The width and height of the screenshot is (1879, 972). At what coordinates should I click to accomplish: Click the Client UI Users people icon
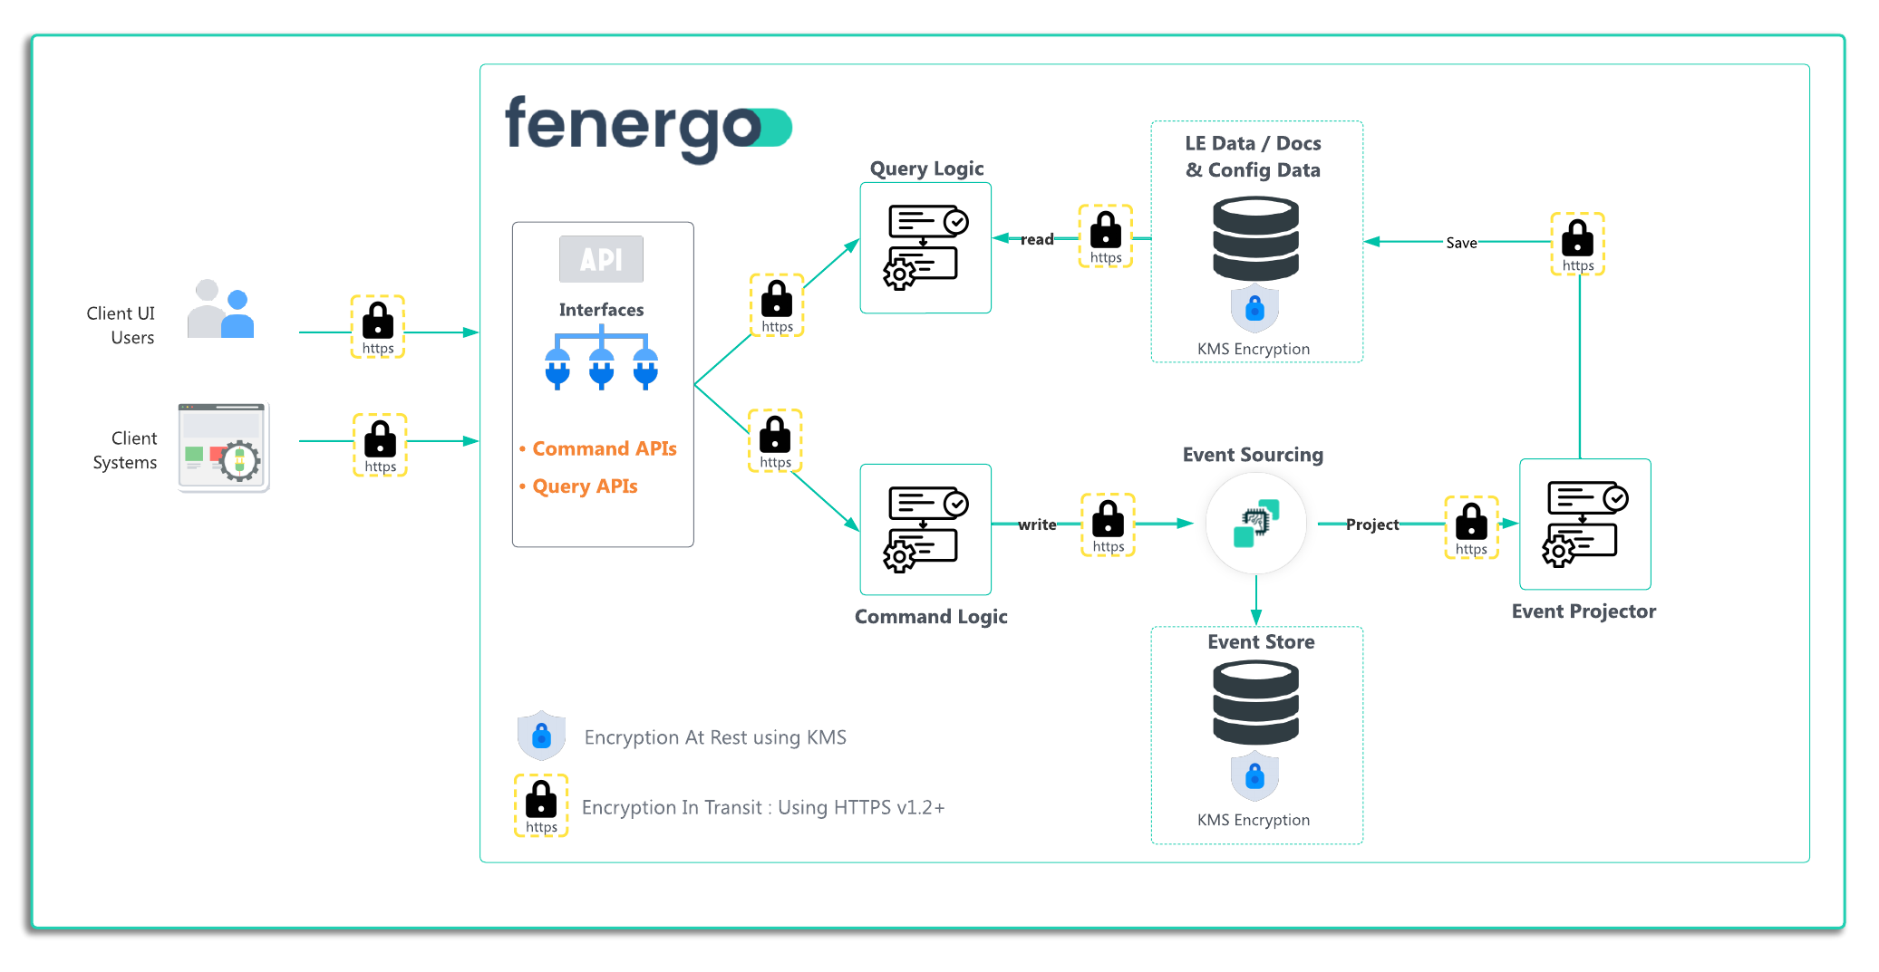pyautogui.click(x=220, y=309)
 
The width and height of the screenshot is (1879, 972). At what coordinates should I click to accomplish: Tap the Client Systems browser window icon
pyautogui.click(x=223, y=447)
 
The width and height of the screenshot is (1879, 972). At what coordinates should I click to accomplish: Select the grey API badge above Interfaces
pyautogui.click(x=601, y=259)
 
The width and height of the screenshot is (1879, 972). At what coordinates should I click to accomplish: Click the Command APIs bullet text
pyautogui.click(x=604, y=448)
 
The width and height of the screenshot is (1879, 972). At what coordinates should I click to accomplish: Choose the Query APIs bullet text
pyautogui.click(x=585, y=486)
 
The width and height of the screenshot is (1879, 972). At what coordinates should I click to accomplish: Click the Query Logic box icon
pyautogui.click(x=925, y=247)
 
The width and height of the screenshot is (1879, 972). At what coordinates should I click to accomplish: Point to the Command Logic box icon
pyautogui.click(x=925, y=529)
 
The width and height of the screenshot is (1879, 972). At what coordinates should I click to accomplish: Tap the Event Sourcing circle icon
pyautogui.click(x=1255, y=524)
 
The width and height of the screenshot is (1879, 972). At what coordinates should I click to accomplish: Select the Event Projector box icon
pyautogui.click(x=1584, y=524)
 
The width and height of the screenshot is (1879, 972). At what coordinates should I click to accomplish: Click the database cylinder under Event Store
pyautogui.click(x=1255, y=703)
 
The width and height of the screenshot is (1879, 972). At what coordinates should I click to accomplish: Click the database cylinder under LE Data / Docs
pyautogui.click(x=1255, y=239)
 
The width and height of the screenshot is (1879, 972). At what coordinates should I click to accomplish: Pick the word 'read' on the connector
pyautogui.click(x=1037, y=239)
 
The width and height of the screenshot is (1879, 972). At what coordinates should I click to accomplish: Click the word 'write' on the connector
pyautogui.click(x=1037, y=524)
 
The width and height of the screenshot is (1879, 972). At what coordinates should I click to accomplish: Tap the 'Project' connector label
pyautogui.click(x=1371, y=524)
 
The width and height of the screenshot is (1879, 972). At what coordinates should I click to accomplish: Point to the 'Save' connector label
pyautogui.click(x=1461, y=243)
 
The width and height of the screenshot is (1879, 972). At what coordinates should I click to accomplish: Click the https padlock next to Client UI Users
pyautogui.click(x=378, y=326)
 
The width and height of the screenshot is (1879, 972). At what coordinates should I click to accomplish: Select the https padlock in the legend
pyautogui.click(x=541, y=804)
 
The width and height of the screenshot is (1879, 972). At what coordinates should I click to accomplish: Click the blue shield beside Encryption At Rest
pyautogui.click(x=541, y=736)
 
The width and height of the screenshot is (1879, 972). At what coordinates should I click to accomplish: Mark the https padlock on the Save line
pyautogui.click(x=1577, y=244)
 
